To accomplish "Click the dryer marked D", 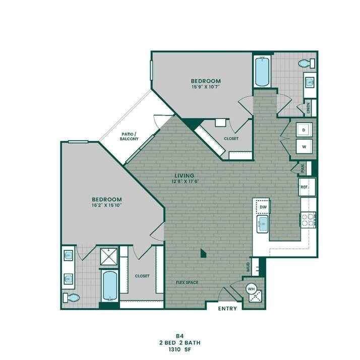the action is pos(304,130).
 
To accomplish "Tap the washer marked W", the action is pos(304,146).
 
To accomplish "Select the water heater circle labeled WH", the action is pos(251,289).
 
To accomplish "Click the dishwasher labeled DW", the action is pos(263,207).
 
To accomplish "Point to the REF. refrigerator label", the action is pos(305,187).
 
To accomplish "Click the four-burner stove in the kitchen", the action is pos(309,220).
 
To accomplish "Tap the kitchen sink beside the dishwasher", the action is pos(262,224).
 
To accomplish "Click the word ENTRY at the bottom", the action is pos(227,309).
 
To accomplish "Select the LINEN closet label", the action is pos(308,108).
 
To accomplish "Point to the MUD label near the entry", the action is pos(248,267).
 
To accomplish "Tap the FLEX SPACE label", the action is pos(187,282).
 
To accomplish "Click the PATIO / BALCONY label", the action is pos(129,136).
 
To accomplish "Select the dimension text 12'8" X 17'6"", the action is pos(185,182).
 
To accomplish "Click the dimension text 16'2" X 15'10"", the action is pos(106,205).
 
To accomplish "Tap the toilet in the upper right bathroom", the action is pos(307,63).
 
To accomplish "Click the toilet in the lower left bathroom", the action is pos(71,298).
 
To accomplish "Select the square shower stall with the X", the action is pos(109,257).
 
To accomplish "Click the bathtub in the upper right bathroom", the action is pos(262,72).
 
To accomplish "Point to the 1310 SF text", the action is pos(180,350).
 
